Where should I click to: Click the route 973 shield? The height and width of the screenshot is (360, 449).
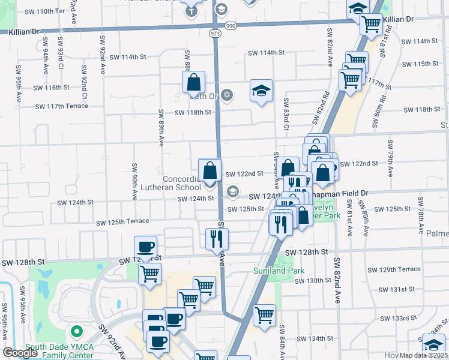point(214,34)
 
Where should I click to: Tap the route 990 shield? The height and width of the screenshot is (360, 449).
point(230,26)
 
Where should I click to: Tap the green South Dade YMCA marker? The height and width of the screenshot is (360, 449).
point(76,331)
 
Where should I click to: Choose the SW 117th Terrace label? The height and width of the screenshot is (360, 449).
point(62,106)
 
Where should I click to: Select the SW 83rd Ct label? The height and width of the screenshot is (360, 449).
point(286,114)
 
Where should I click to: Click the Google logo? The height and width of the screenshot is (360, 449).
point(20,353)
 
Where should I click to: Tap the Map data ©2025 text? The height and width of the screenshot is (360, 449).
point(423,355)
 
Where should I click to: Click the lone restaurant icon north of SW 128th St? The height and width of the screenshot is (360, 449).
point(215,239)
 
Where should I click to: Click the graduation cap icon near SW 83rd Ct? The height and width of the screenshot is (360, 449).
point(261,91)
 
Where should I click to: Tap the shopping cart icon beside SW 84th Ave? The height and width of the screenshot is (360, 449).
point(264,314)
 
